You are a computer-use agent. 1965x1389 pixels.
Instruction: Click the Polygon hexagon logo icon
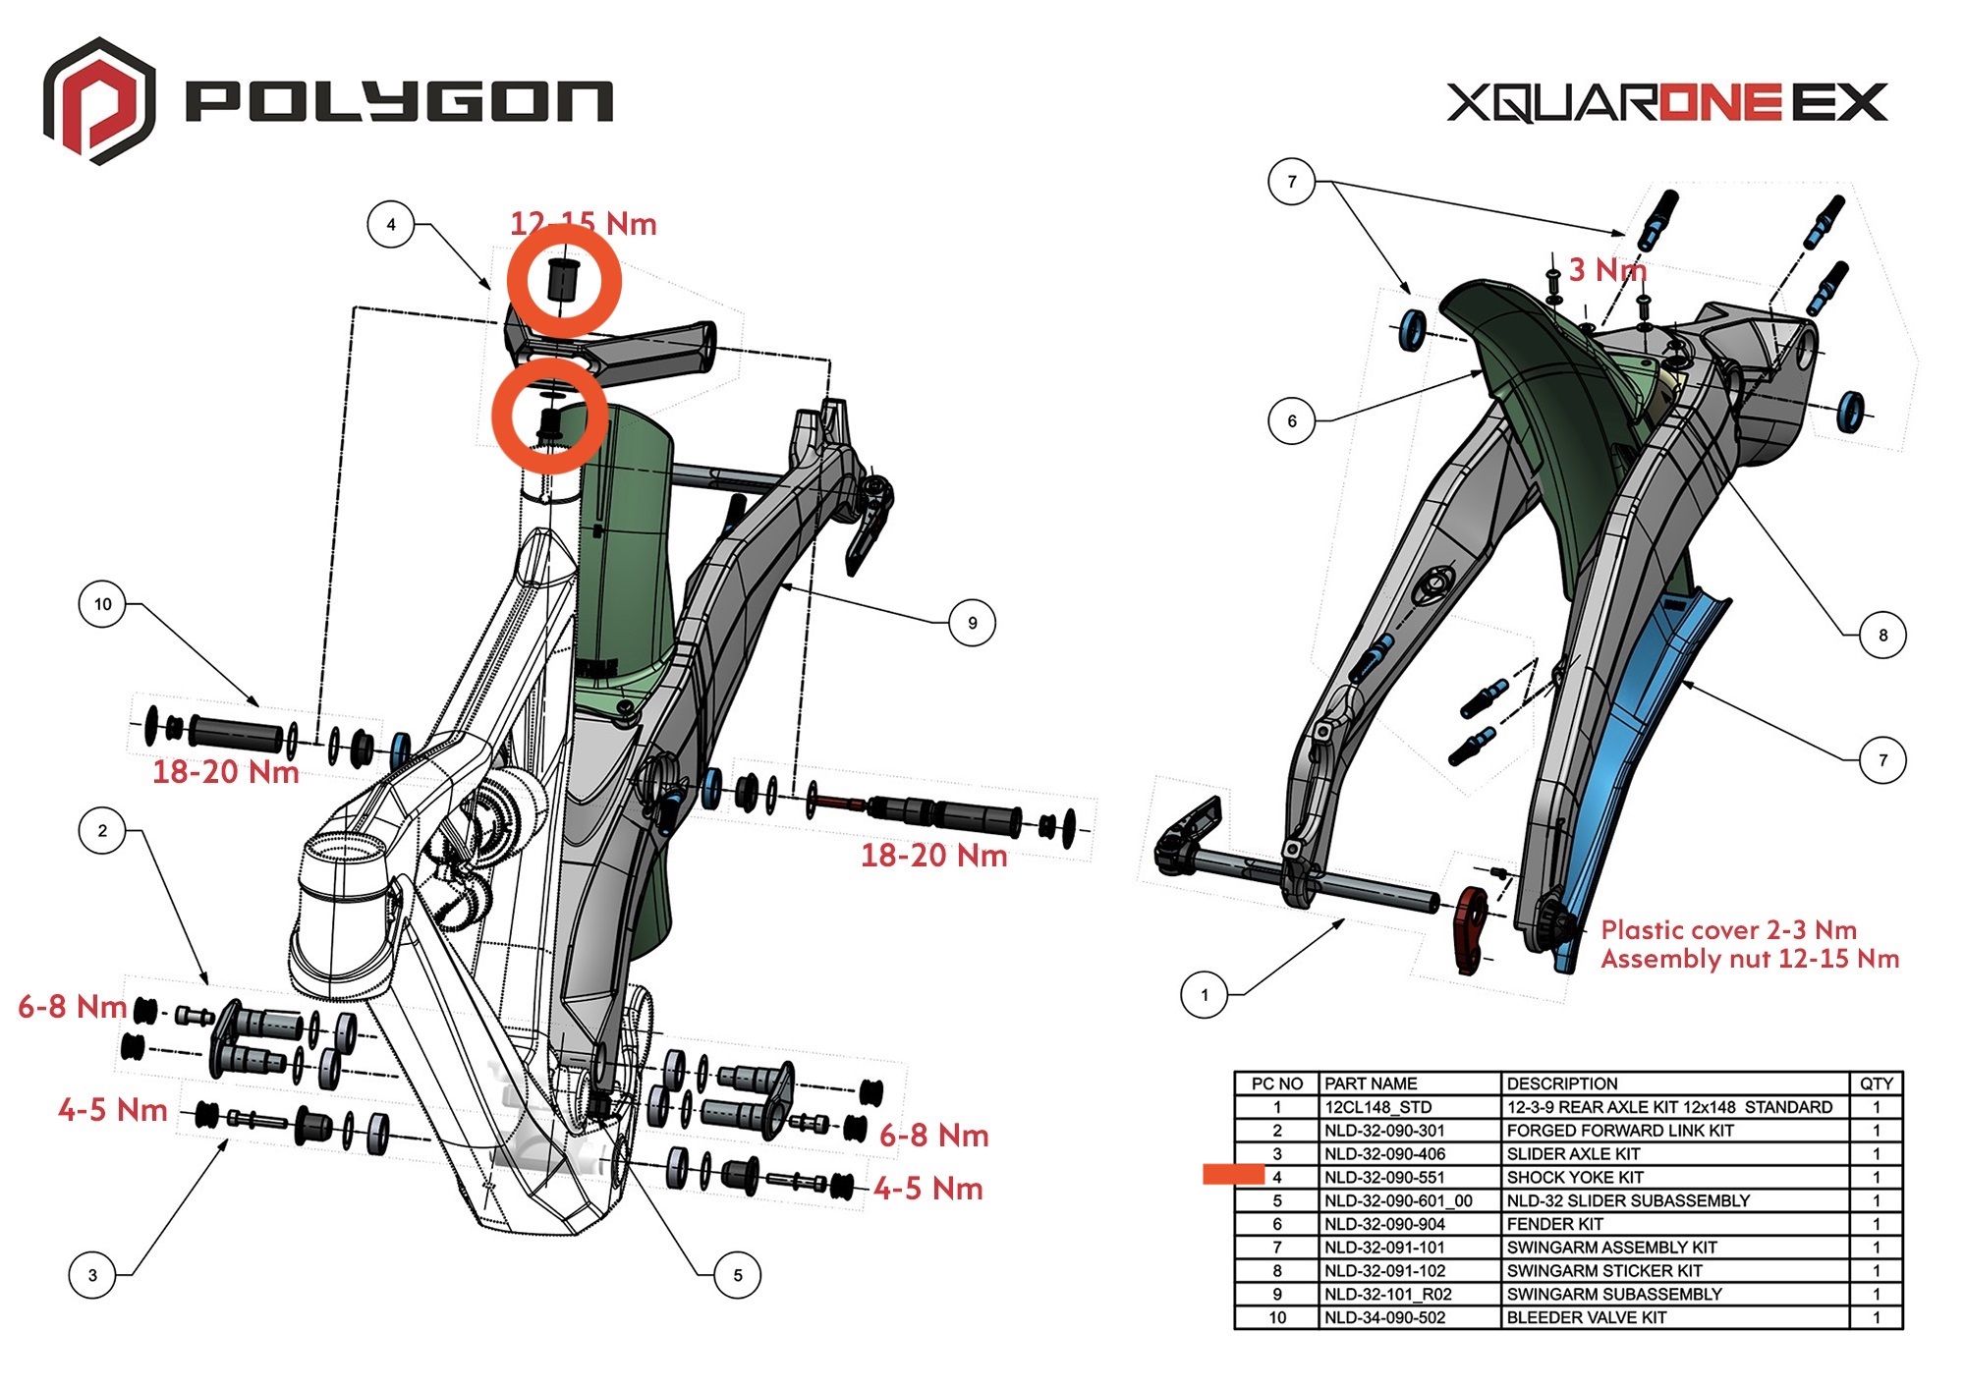(98, 100)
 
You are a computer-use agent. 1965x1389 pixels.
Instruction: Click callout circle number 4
(391, 224)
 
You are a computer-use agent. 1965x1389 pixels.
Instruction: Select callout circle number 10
(103, 604)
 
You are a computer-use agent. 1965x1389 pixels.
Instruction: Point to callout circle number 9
(972, 623)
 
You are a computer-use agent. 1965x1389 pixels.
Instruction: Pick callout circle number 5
(737, 1275)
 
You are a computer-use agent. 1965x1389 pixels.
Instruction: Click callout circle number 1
(1205, 995)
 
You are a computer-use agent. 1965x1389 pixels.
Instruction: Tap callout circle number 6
(1291, 420)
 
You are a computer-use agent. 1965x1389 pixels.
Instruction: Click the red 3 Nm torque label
(1605, 269)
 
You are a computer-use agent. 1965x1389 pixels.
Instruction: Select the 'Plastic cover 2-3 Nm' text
(1728, 930)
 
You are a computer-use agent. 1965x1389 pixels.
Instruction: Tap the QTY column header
(1876, 1083)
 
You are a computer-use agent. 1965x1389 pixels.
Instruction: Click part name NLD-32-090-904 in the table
(1384, 1224)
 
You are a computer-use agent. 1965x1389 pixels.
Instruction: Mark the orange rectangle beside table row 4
(1233, 1174)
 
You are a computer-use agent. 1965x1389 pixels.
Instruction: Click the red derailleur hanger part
(1471, 928)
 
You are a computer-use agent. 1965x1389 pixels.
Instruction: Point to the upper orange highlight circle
(563, 280)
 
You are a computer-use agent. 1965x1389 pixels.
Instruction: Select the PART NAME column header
(1371, 1083)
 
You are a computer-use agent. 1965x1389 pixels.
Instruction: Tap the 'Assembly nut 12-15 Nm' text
(1749, 959)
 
